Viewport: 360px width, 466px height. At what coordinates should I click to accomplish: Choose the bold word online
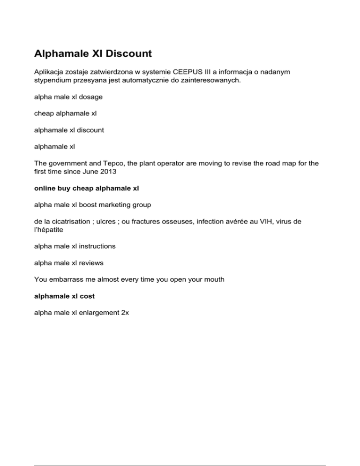[46, 189]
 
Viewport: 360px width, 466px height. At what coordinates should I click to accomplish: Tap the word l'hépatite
[50, 231]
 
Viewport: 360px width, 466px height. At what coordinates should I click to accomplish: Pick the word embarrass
[70, 279]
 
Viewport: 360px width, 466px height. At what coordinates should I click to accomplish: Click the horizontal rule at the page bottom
[180, 453]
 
